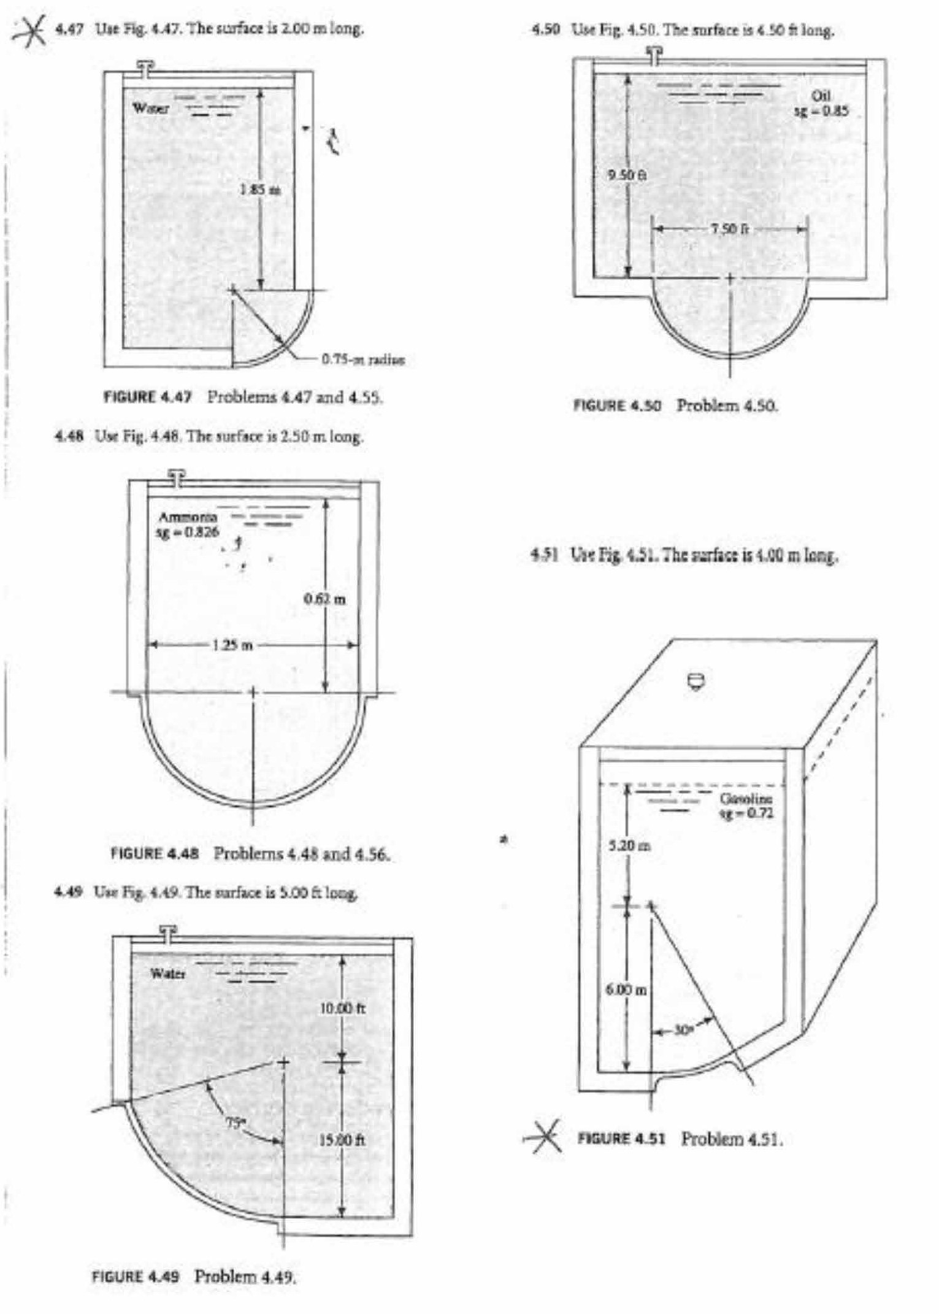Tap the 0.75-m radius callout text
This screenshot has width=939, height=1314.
(363, 359)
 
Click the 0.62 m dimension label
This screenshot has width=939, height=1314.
(325, 599)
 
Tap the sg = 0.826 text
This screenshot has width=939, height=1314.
(187, 532)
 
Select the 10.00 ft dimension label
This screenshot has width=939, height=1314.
(343, 1009)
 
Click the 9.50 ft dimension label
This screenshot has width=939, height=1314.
(627, 175)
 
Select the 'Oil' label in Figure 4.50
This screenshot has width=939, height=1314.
(821, 96)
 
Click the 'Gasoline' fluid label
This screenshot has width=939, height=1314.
(746, 799)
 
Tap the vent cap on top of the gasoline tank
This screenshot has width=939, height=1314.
(696, 680)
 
